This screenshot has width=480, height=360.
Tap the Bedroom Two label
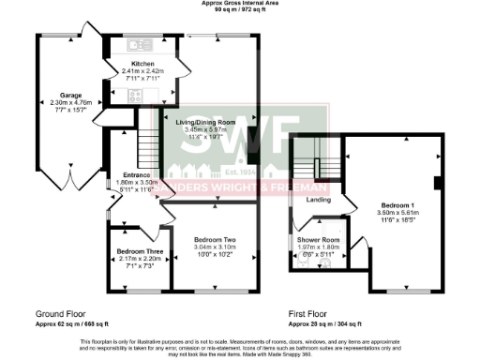(215, 240)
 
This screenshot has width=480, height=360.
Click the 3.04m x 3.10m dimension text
(215, 247)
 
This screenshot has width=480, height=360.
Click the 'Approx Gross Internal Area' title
(240, 4)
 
